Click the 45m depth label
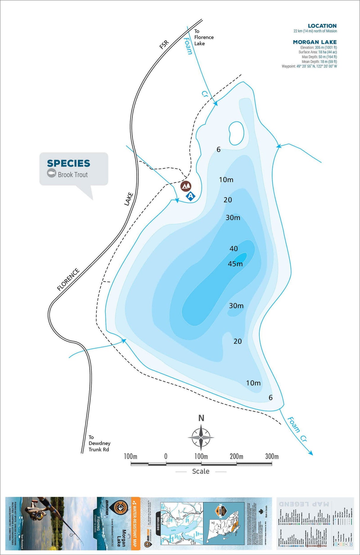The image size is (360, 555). pos(235,264)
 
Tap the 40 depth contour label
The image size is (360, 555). pos(234,249)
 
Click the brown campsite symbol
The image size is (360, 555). pos(186,186)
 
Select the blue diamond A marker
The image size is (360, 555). pos(191,196)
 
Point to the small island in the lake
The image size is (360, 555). pos(236,133)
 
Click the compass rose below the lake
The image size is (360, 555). pos(201,437)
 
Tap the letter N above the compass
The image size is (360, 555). pos(201,418)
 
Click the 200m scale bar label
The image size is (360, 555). pos(236,457)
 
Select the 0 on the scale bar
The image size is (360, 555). pos(166,457)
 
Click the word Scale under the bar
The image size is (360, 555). pos(201,471)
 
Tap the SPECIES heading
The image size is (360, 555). pos(69,163)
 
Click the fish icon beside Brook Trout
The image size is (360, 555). pos(52,173)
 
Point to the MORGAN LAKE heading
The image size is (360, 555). pos(315,42)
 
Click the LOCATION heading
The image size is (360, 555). pos(322,26)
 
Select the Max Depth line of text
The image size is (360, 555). pos(319,57)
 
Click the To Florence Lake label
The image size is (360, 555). pos(204,37)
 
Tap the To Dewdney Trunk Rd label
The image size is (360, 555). pos(99,443)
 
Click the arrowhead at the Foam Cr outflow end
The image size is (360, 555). pos(310,453)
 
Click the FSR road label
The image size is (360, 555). pos(164,44)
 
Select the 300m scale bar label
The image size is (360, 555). pos(272,457)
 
